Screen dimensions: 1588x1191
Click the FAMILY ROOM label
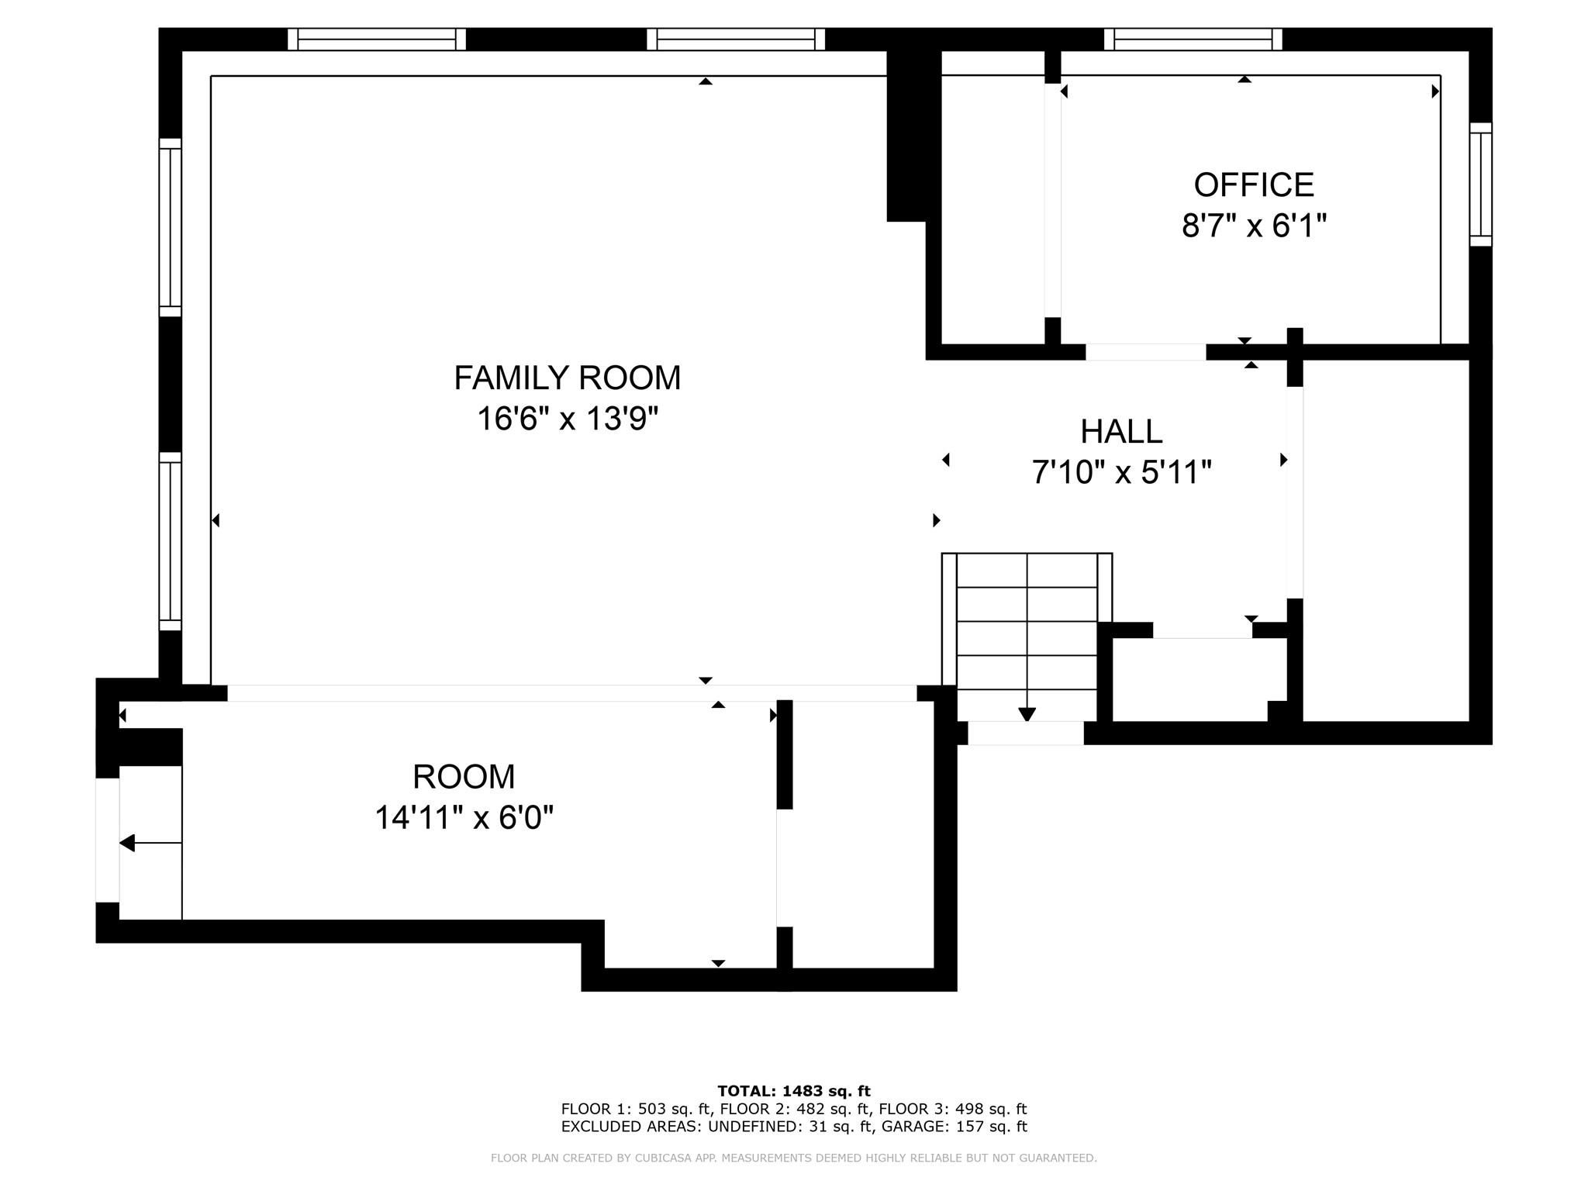click(x=567, y=378)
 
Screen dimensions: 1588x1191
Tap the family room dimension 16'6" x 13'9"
click(x=567, y=419)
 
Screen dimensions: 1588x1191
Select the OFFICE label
click(x=1254, y=185)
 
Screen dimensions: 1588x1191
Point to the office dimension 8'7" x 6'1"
click(x=1254, y=226)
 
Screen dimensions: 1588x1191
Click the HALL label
click(x=1121, y=432)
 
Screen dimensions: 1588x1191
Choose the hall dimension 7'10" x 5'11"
click(x=1121, y=472)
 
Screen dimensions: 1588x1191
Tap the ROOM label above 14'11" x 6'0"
click(x=464, y=777)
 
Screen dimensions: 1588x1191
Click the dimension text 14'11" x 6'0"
click(x=464, y=817)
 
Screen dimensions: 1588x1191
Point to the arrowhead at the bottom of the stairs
click(x=1027, y=715)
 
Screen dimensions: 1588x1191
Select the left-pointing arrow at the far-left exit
click(x=150, y=843)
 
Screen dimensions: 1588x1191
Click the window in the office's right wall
click(x=1480, y=185)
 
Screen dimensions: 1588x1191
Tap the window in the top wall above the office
click(x=1193, y=39)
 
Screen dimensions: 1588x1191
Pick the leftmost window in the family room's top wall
click(x=377, y=39)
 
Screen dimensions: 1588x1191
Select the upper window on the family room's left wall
click(x=170, y=227)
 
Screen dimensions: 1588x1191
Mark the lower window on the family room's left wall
click(x=170, y=541)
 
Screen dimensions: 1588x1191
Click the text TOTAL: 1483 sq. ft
click(x=794, y=1091)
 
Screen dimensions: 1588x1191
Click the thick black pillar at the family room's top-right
click(x=913, y=136)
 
